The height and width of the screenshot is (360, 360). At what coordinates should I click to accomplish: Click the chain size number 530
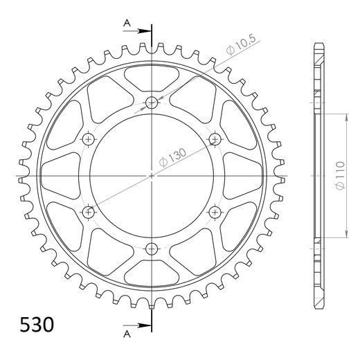click(37, 325)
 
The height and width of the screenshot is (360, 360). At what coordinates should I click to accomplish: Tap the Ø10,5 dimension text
click(241, 45)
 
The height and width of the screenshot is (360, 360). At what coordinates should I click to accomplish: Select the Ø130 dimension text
click(172, 157)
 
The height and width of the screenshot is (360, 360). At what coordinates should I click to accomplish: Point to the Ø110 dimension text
click(341, 176)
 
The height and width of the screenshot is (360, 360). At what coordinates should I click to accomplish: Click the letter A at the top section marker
click(127, 23)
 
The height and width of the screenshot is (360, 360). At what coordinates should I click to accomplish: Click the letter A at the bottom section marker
click(127, 334)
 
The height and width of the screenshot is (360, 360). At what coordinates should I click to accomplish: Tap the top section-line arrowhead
click(144, 31)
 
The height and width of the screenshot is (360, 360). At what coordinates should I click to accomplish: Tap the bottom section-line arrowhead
click(144, 325)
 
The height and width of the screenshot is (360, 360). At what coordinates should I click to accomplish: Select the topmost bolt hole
click(152, 102)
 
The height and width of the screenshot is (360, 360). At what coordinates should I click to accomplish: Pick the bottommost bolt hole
click(152, 249)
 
